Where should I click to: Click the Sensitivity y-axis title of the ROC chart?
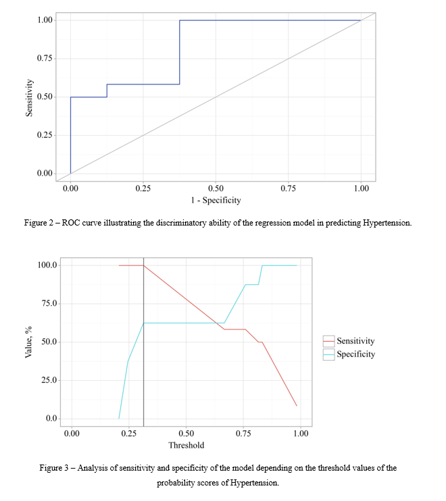tap(29, 97)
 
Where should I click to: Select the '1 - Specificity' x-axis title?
tap(216, 200)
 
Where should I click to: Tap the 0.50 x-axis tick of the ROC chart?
tap(216, 188)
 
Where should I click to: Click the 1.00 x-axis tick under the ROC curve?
tap(361, 188)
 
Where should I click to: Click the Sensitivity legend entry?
tap(355, 342)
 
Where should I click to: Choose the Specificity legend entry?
tap(355, 354)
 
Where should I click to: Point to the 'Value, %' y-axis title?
tap(29, 342)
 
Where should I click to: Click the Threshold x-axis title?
tap(186, 445)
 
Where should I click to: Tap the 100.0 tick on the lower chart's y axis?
tap(47, 265)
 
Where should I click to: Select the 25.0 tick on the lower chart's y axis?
tap(49, 381)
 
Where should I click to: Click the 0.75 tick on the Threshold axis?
tap(243, 433)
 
